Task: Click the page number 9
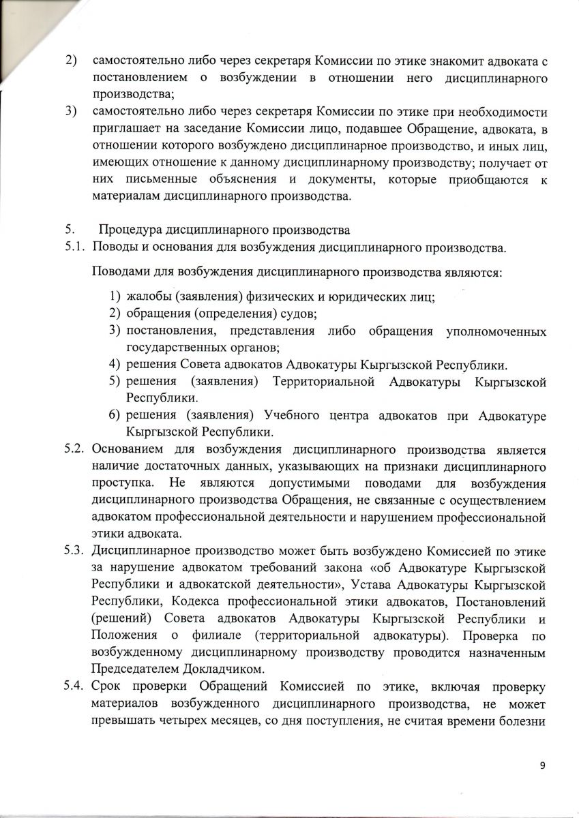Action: pos(542,767)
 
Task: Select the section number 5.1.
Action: pos(73,246)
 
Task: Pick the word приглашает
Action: pos(126,127)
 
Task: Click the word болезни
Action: pos(522,718)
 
